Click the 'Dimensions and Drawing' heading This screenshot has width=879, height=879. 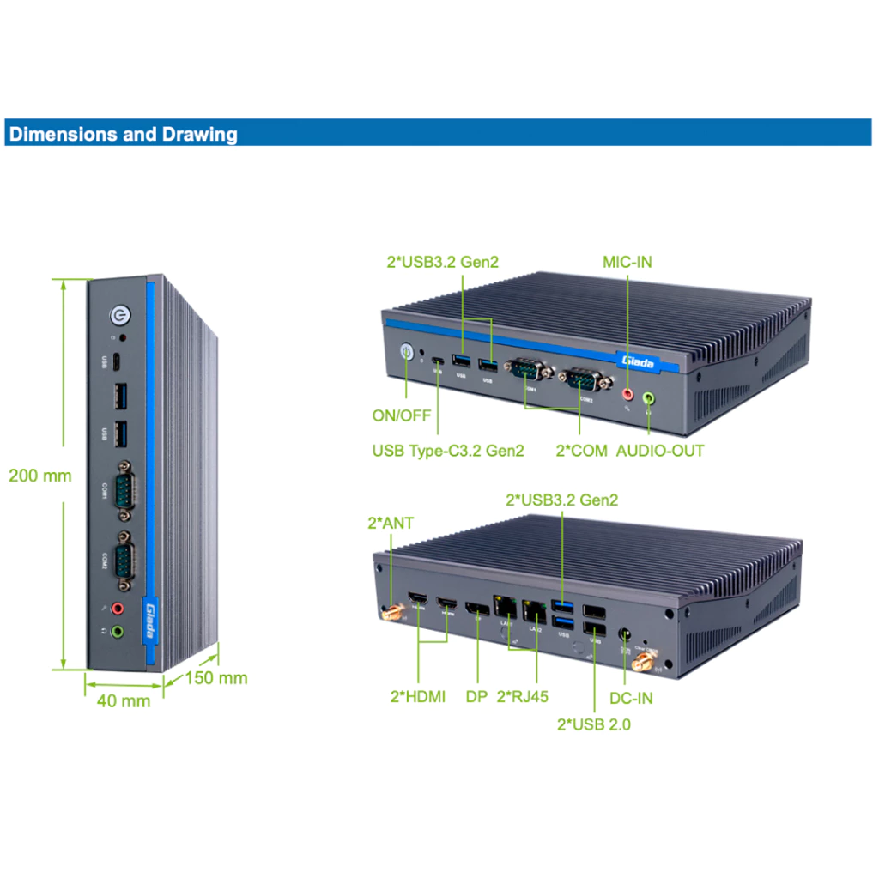tap(123, 134)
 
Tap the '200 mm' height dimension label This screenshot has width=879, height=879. tap(40, 475)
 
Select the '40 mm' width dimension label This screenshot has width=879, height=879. tap(124, 700)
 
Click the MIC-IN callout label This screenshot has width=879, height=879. tap(627, 261)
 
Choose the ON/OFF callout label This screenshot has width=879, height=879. tap(401, 415)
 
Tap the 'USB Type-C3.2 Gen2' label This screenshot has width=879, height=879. tap(447, 450)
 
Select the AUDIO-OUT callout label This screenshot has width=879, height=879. tap(660, 450)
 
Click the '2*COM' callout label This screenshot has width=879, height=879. tap(582, 450)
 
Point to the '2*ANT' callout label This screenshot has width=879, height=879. tap(391, 522)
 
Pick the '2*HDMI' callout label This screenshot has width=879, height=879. tap(418, 696)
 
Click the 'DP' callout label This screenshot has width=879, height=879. tap(476, 696)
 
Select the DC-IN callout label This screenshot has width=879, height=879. tap(631, 698)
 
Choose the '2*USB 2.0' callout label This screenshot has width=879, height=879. tap(594, 724)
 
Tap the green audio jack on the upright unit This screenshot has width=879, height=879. tap(118, 632)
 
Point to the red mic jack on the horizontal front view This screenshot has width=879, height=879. tap(627, 394)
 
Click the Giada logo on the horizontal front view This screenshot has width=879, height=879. tap(636, 362)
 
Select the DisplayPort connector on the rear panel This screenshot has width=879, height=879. tap(476, 611)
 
